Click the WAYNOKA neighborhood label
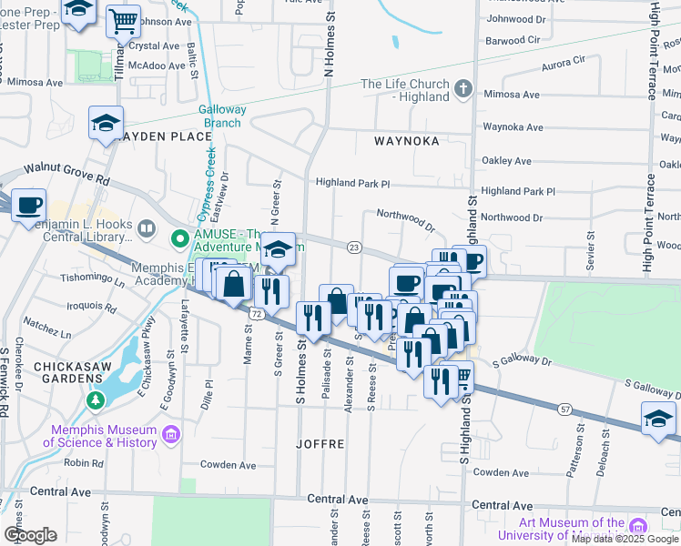pyautogui.click(x=407, y=141)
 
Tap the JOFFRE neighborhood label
pyautogui.click(x=320, y=444)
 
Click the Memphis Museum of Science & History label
pyautogui.click(x=100, y=436)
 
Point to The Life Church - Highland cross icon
pyautogui.click(x=463, y=89)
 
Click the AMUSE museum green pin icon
pyautogui.click(x=180, y=239)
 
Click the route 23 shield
pyautogui.click(x=354, y=248)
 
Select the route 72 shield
pyautogui.click(x=258, y=314)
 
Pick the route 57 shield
pyautogui.click(x=565, y=409)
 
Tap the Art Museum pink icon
pyautogui.click(x=638, y=526)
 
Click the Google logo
pyautogui.click(x=30, y=535)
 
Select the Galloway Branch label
pyautogui.click(x=222, y=116)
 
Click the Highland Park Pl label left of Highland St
pyautogui.click(x=352, y=183)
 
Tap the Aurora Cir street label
pyautogui.click(x=564, y=60)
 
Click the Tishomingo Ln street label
pyautogui.click(x=92, y=279)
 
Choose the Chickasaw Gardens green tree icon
pyautogui.click(x=94, y=399)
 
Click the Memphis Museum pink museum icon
pyautogui.click(x=169, y=436)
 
